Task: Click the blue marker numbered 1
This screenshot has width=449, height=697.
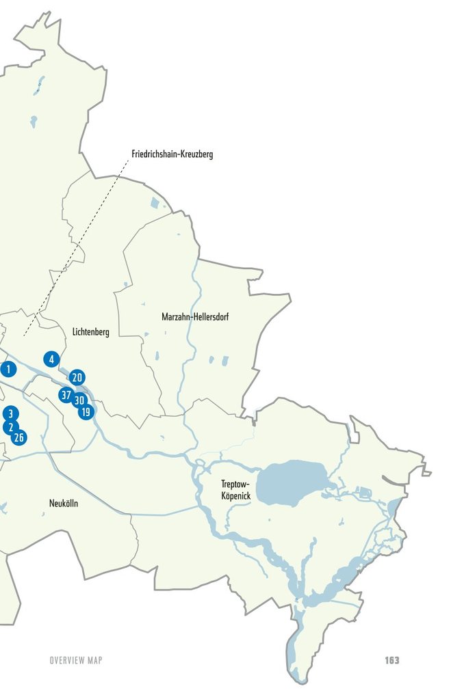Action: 8,370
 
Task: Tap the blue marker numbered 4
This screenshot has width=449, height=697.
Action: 51,359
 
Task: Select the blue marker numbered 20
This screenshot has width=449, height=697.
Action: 77,377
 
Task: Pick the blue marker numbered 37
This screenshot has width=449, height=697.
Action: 66,395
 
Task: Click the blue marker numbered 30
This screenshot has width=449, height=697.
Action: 79,400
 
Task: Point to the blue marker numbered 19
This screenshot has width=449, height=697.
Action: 86,412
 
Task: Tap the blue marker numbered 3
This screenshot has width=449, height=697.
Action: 10,413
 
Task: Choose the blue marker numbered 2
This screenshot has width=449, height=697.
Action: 9,427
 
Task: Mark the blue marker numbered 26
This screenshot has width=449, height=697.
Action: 19,437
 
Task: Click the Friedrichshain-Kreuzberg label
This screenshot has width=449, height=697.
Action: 172,154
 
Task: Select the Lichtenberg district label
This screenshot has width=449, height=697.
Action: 90,332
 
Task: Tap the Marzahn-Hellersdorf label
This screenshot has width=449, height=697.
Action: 196,317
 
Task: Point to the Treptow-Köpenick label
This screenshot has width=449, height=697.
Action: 235,489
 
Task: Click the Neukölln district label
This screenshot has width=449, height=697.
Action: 64,504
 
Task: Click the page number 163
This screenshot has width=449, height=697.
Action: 392,660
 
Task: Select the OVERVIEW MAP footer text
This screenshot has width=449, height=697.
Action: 75,660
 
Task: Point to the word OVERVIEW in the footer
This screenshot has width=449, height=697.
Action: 66,660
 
